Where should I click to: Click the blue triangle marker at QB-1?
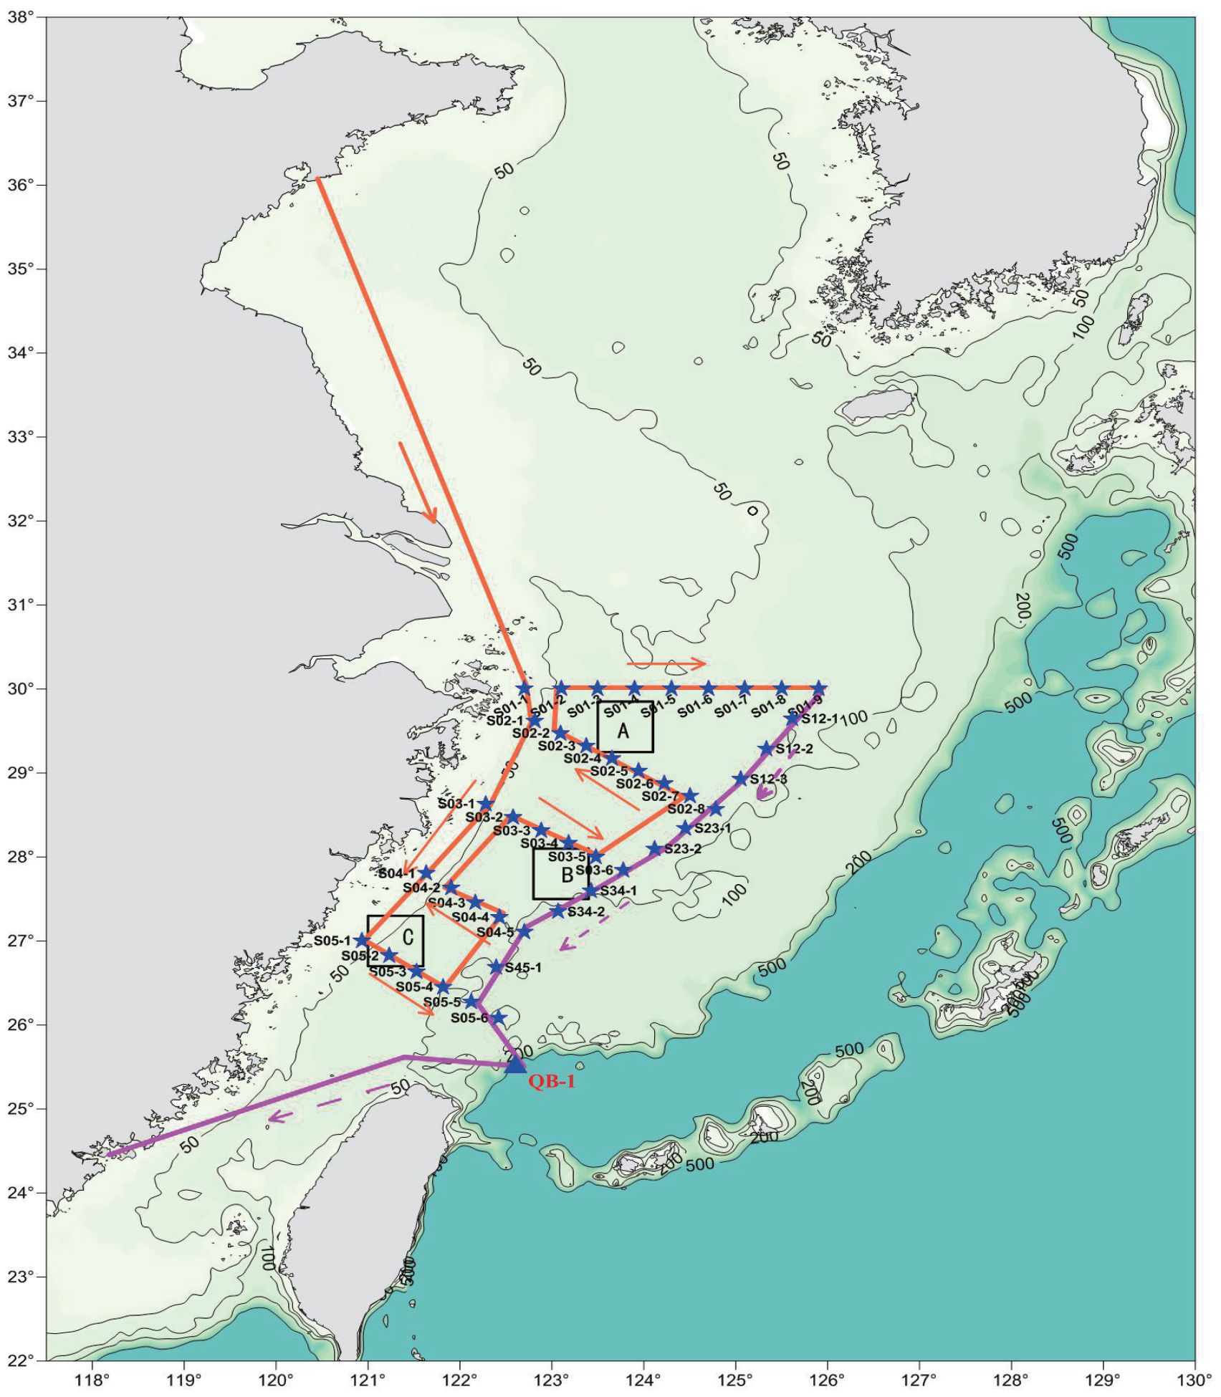[515, 1065]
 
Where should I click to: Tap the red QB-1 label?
[552, 1082]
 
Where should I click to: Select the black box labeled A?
[625, 726]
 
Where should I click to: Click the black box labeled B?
[561, 873]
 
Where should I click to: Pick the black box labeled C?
[396, 941]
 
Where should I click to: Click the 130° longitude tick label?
[1194, 1380]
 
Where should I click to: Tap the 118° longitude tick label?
[92, 1380]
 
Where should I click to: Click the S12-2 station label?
[794, 749]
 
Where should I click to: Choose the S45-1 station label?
[523, 968]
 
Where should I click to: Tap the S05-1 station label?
[332, 941]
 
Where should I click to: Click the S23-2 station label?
[682, 849]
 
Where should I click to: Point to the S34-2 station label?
[585, 912]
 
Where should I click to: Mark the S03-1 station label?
[456, 804]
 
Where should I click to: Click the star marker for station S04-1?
[427, 873]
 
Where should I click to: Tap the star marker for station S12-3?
[740, 779]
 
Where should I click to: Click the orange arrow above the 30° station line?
[666, 663]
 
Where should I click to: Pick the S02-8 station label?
[686, 809]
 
